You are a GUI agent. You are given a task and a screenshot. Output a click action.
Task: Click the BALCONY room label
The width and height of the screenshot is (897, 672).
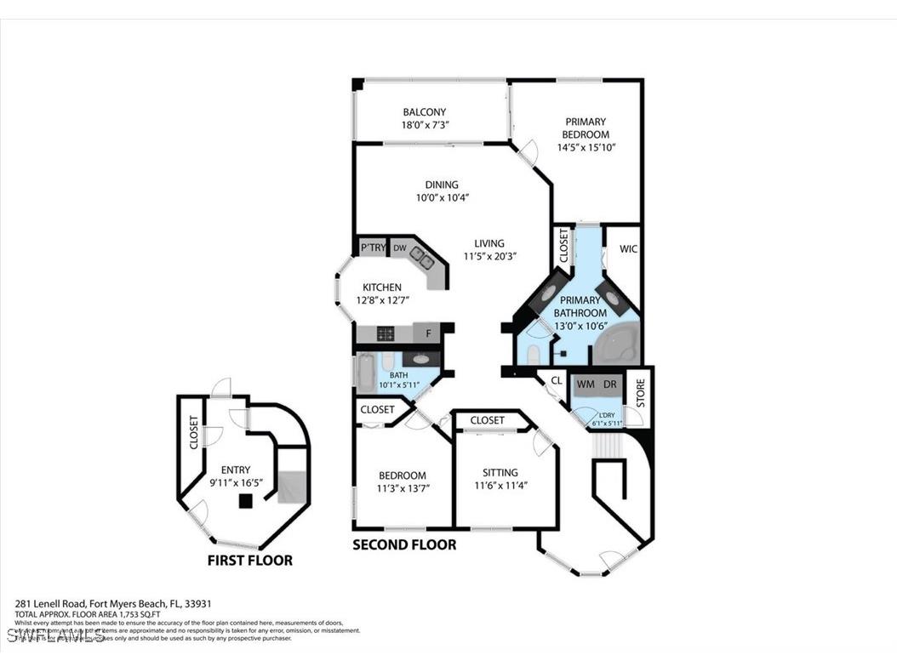[x=424, y=112]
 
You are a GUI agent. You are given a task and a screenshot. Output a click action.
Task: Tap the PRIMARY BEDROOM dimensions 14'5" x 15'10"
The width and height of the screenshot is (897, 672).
[x=586, y=147]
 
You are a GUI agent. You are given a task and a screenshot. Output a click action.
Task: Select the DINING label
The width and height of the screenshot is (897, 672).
[x=442, y=185]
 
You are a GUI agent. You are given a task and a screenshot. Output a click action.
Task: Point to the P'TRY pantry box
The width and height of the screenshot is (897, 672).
[x=373, y=248]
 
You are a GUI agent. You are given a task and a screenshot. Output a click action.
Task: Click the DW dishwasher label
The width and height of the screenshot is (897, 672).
[x=399, y=248]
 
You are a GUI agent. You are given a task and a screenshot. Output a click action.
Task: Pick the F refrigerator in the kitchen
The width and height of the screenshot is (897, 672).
[x=428, y=333]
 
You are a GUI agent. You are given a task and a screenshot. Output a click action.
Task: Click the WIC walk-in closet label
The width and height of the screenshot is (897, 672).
[x=628, y=249]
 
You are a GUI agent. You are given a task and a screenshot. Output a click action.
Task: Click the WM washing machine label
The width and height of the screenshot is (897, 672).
[x=586, y=384]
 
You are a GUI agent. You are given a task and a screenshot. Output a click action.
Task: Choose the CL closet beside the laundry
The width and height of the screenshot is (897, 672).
[x=556, y=382]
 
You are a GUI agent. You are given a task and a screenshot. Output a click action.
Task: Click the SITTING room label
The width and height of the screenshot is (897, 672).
[x=500, y=473]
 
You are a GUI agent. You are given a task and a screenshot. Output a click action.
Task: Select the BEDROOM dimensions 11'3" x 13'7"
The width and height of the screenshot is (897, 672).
[x=403, y=488]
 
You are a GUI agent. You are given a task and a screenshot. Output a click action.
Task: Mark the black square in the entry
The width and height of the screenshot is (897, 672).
[x=245, y=502]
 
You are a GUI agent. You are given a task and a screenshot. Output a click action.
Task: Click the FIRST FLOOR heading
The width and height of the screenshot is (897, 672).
[x=249, y=561]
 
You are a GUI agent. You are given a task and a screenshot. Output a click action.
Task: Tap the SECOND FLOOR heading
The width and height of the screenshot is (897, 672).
[x=404, y=544]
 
